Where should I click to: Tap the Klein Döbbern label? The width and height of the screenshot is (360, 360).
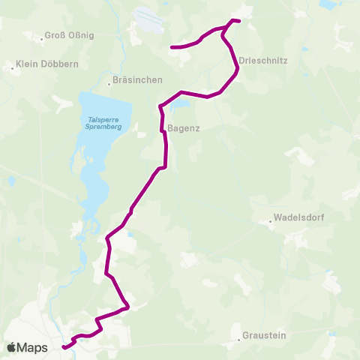coord(47,64)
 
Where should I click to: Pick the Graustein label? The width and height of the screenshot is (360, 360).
coord(264,336)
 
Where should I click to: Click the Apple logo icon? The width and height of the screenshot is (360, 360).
coord(12,347)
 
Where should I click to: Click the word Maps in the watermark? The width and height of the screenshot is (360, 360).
coord(33,347)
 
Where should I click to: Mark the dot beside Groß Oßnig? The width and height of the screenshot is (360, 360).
coord(42,36)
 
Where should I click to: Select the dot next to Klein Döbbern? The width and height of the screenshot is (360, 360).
coord(13,67)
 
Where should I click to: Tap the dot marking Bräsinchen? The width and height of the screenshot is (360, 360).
coord(109,83)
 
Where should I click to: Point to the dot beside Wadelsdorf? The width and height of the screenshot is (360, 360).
coord(271,221)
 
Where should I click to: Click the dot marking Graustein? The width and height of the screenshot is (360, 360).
coord(238,339)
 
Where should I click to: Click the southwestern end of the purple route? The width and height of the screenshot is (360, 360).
coord(63,347)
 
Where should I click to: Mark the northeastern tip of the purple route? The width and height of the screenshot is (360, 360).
coord(238,21)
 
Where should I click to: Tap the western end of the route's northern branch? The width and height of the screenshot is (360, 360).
coord(172,47)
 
